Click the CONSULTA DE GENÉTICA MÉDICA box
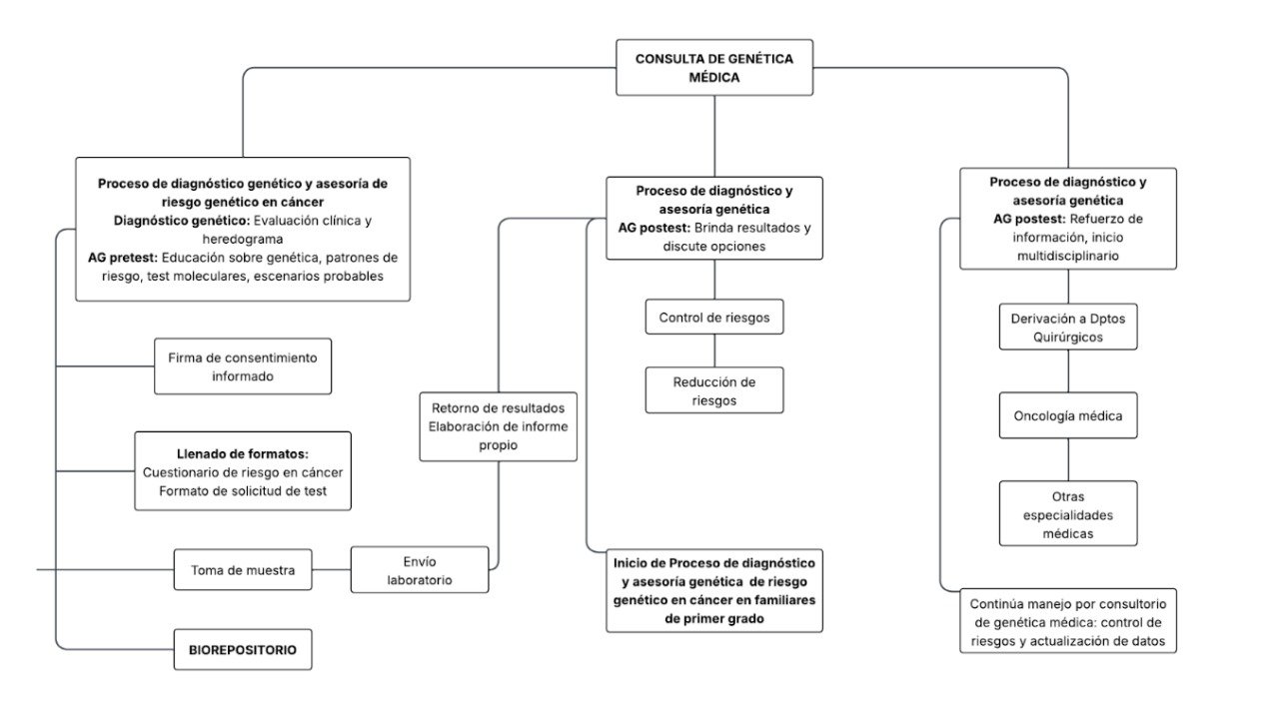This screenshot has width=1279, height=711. coord(714,68)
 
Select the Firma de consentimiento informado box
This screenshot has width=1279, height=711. coord(242,366)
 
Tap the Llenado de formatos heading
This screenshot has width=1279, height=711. coord(243,453)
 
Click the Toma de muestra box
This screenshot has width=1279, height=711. coord(243,570)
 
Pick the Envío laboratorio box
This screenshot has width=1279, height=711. coord(419,570)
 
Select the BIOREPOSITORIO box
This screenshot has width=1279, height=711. coord(243,649)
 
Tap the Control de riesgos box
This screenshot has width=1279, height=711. coord(713,318)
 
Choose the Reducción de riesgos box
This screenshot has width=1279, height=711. coord(713,390)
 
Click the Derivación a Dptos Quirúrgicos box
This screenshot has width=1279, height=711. coord(1068,328)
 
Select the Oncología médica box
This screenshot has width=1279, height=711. coord(1068,415)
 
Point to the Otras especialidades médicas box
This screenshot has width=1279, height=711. coord(1068,514)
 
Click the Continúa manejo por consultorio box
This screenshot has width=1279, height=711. coord(1068,621)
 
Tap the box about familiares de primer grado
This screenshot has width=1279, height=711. coord(713,590)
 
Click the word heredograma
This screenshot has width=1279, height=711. coord(243,239)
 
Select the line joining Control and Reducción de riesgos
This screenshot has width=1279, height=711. coord(713,352)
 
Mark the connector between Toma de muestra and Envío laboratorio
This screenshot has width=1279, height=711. coord(331,570)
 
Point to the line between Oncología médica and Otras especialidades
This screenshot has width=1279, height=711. coord(1068,460)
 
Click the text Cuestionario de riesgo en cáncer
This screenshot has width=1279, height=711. coord(243,472)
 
